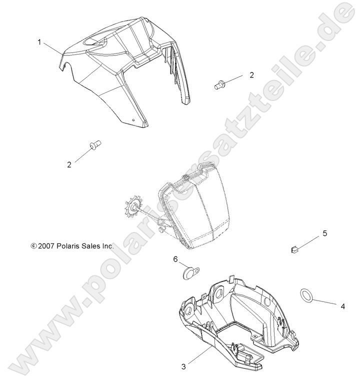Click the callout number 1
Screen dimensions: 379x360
tap(39, 42)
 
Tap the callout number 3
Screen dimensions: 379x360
tap(183, 366)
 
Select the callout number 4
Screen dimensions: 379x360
tap(342, 305)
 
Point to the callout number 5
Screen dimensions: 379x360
tap(324, 233)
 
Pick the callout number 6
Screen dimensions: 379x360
tap(175, 259)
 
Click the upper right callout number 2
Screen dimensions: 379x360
tap(251, 75)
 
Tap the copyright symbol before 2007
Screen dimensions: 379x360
tap(33, 246)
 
